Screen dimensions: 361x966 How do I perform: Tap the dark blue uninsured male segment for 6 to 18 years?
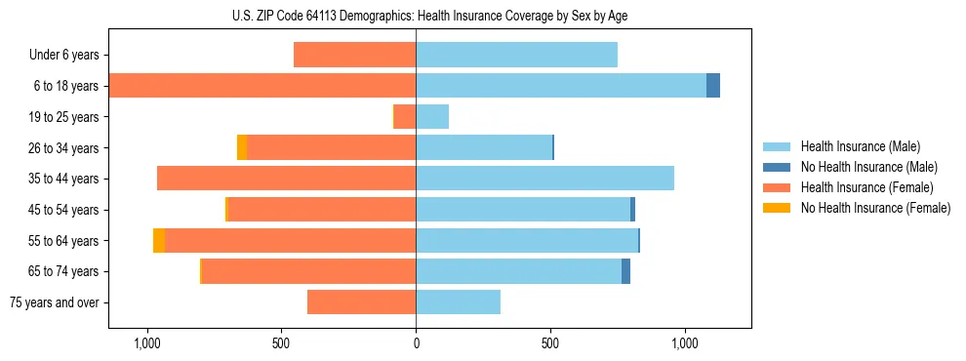point(713,86)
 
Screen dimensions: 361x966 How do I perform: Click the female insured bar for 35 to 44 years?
point(286,179)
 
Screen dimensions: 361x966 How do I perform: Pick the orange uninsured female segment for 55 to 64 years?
point(159,240)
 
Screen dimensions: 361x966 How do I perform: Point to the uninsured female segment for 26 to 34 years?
point(242,147)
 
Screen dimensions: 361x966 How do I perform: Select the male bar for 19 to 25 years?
point(432,117)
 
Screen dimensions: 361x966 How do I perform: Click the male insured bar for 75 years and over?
point(458,302)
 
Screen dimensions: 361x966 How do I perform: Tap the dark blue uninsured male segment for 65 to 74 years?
point(625,271)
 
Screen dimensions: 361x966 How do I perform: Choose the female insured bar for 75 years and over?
point(361,302)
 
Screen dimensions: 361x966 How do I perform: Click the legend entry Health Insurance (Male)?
point(860,146)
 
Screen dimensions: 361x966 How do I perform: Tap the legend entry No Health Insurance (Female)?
point(875,208)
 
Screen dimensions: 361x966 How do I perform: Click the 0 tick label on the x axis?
point(416,343)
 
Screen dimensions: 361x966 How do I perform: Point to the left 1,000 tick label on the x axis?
point(147,343)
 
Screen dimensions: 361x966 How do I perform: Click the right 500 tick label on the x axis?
point(550,343)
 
